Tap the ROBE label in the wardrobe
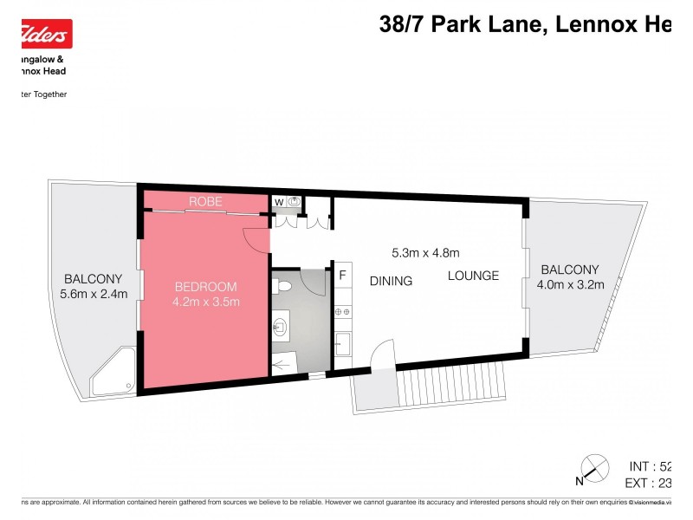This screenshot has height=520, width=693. (205, 202)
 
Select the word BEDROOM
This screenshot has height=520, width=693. (205, 287)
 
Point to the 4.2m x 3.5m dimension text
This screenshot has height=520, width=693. (205, 302)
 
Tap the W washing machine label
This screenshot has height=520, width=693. (279, 203)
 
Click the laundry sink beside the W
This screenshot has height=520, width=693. (295, 202)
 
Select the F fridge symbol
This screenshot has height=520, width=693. (342, 276)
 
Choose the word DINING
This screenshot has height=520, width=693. (391, 281)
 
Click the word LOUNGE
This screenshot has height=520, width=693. (473, 276)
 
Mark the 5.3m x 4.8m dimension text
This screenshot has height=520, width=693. (425, 253)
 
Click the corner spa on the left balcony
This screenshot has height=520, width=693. (113, 373)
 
